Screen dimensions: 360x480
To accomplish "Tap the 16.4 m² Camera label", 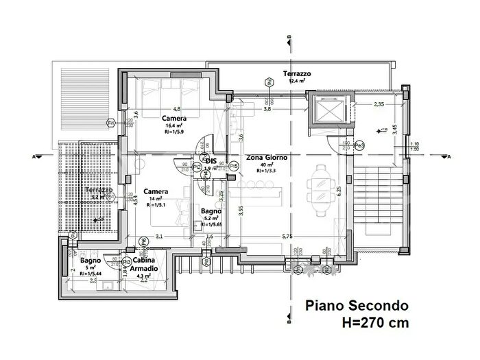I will coord(171,118).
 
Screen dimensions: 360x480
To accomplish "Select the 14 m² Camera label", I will coord(152,192).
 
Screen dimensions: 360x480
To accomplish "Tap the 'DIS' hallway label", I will coord(212,162).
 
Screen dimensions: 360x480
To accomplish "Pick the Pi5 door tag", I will coord(234,165).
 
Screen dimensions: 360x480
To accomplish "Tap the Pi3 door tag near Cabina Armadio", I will coord(127,261).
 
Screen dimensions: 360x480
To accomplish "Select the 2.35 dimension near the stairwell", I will coord(379,105).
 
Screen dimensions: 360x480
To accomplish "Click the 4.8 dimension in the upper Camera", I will coord(176,109).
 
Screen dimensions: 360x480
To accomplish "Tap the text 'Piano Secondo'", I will coord(357,305).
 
